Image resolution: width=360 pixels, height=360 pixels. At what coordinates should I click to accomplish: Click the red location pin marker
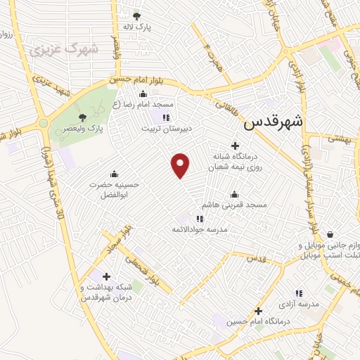coord(181,165)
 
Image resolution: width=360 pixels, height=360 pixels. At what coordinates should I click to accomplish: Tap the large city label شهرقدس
coord(274,122)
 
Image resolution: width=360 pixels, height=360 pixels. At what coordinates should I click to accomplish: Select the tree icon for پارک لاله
coord(136,15)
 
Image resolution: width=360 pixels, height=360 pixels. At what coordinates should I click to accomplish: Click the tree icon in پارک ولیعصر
coord(84,118)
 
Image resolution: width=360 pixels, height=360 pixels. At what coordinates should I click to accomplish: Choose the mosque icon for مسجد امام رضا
coord(143,95)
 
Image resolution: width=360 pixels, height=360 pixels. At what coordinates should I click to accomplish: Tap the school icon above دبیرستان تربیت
coord(166,117)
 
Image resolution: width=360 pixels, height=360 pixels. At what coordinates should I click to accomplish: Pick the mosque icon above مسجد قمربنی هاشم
coord(234,195)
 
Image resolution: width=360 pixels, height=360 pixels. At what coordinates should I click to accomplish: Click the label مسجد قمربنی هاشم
coord(234,205)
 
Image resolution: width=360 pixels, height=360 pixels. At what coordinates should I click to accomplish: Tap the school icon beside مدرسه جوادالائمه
coord(199,219)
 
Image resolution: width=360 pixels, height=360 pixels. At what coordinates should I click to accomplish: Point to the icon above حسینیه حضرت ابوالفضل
coord(114,174)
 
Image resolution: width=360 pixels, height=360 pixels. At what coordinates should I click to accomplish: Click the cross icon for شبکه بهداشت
coord(106,276)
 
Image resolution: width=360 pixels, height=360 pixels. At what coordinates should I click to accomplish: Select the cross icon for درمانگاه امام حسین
coord(259,310)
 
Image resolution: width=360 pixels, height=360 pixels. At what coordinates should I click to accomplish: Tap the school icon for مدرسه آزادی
coord(299,293)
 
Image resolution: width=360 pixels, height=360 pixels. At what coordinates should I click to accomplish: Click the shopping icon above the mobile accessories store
coord(330,235)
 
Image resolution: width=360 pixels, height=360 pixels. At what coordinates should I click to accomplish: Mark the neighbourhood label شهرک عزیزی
coord(49,50)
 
